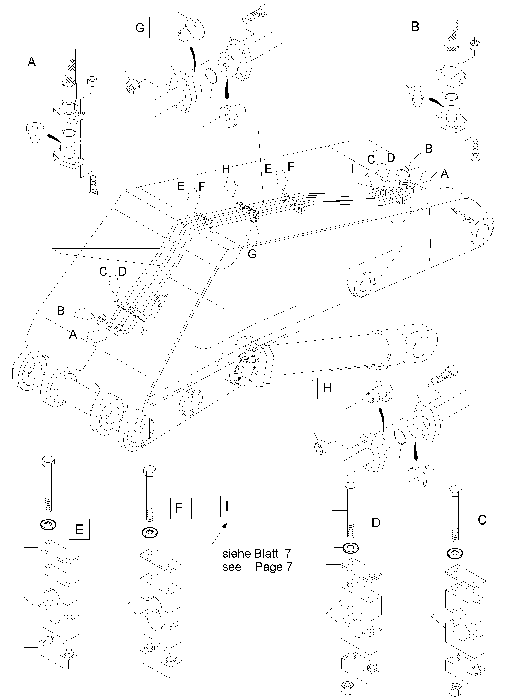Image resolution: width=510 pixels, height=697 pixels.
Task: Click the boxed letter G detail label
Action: coord(139,28)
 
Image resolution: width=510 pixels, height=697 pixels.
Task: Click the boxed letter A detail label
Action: coord(32,62)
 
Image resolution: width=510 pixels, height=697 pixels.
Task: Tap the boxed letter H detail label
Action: coord(328,388)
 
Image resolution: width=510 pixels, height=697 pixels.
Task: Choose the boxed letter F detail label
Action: coord(181,508)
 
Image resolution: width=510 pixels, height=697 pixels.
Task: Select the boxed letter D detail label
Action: coord(376,522)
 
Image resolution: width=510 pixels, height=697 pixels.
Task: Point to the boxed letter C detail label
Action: coord(482,520)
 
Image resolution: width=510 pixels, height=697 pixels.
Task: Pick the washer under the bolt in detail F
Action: coord(150,532)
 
